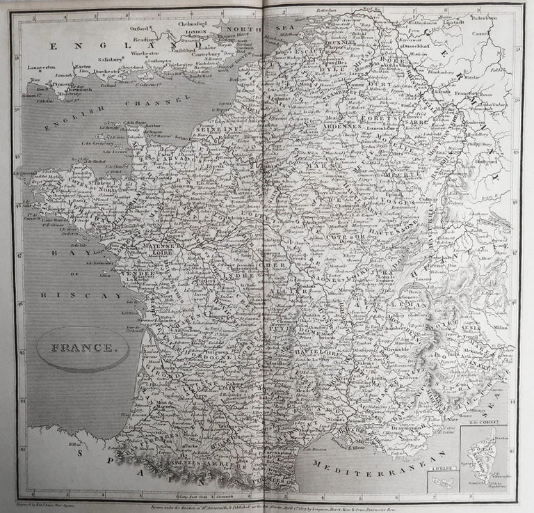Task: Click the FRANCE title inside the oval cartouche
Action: click(x=83, y=348)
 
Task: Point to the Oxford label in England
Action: click(x=138, y=29)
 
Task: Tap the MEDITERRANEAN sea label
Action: click(x=375, y=465)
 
